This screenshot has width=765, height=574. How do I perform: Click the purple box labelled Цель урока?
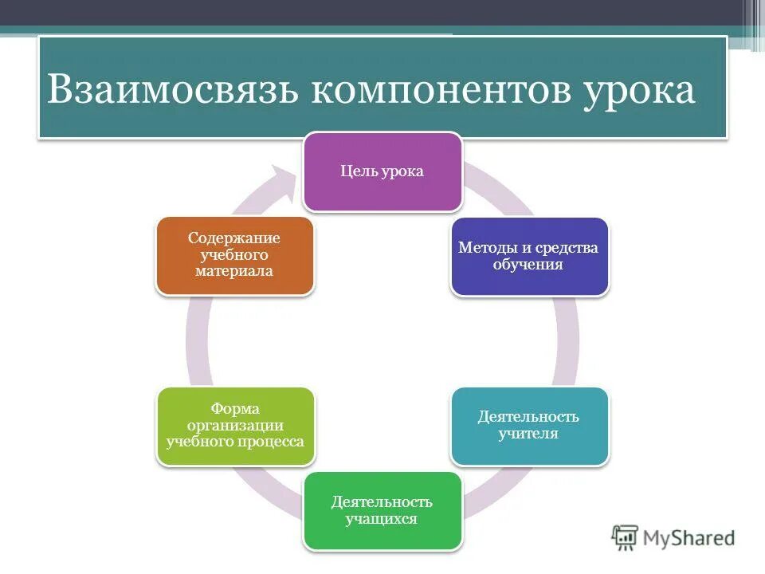click(x=382, y=172)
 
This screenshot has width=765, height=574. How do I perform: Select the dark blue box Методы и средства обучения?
click(x=529, y=257)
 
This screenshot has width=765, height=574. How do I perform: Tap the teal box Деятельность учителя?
click(x=529, y=427)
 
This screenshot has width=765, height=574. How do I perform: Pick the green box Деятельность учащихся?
click(x=382, y=511)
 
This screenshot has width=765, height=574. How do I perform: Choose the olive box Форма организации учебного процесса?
click(x=235, y=427)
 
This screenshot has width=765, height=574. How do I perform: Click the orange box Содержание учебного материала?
click(x=234, y=255)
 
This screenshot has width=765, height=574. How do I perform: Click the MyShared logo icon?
click(x=626, y=537)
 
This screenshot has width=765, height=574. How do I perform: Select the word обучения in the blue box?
click(x=528, y=265)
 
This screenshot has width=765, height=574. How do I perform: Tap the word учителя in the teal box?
click(x=528, y=434)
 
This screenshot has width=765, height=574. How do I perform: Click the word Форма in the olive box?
click(x=235, y=409)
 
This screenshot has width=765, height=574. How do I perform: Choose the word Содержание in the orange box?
click(x=234, y=238)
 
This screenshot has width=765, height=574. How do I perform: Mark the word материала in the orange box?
click(x=234, y=271)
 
